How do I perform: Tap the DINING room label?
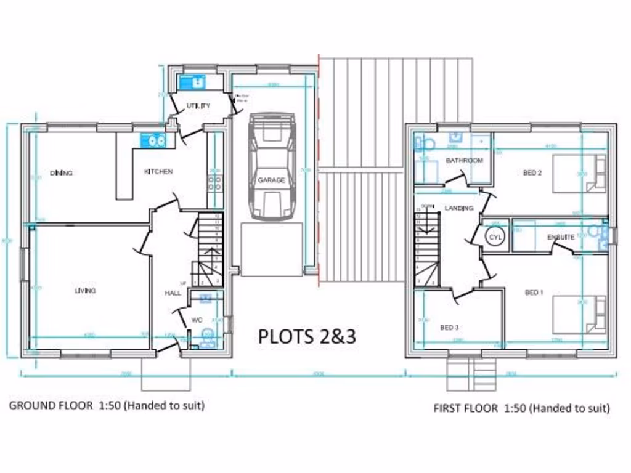tap(61, 173)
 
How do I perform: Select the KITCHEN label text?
tap(158, 172)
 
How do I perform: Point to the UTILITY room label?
tap(198, 106)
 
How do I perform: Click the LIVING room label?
tap(85, 291)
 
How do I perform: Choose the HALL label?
tap(173, 293)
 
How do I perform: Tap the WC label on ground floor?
tap(197, 320)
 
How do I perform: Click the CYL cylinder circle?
tap(495, 236)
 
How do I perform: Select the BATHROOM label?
tap(465, 161)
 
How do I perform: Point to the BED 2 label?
tap(532, 173)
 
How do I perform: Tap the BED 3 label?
tap(449, 327)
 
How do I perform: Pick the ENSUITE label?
tap(561, 237)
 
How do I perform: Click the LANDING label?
tap(459, 208)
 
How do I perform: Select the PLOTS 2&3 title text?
tap(306, 336)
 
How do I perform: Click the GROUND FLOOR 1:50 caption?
tap(106, 405)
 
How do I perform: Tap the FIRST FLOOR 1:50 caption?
tap(521, 408)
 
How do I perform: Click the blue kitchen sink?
tap(154, 141)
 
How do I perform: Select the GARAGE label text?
tap(271, 180)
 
